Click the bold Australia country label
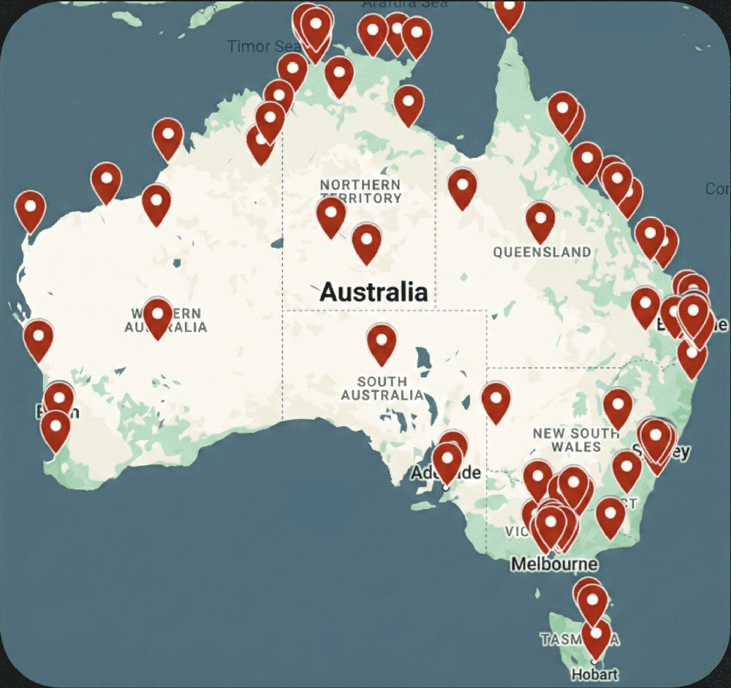pyautogui.click(x=374, y=292)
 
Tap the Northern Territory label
pyautogui.click(x=360, y=191)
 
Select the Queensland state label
pyautogui.click(x=542, y=252)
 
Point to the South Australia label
pyautogui.click(x=382, y=388)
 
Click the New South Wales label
pyautogui.click(x=576, y=439)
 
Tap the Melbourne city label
pyautogui.click(x=554, y=564)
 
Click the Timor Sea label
pyautogui.click(x=260, y=46)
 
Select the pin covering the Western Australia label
pyautogui.click(x=158, y=317)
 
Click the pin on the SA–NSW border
pyautogui.click(x=496, y=401)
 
